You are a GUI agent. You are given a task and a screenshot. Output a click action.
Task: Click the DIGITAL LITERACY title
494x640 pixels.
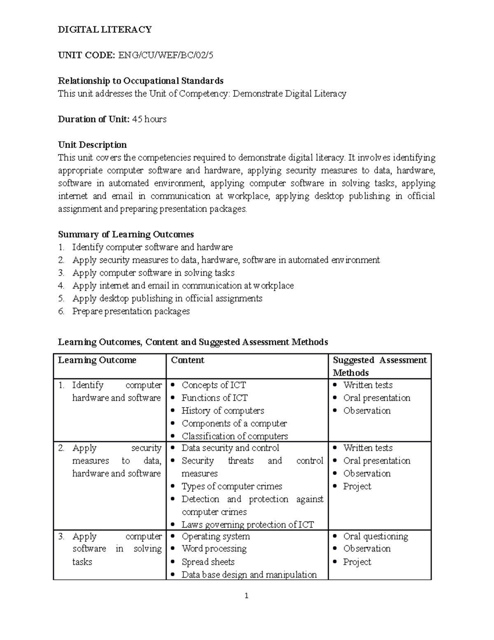click(x=105, y=29)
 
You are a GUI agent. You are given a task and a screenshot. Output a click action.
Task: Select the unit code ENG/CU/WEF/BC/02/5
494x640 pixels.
click(x=165, y=55)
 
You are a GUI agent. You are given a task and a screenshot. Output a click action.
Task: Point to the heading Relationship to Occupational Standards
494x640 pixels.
click(x=140, y=81)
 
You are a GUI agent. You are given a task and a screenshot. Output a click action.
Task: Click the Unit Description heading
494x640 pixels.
click(x=92, y=145)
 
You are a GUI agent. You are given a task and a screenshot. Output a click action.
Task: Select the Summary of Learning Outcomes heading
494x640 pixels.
click(x=126, y=234)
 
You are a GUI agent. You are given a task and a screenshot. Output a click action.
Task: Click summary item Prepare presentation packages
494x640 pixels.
click(x=131, y=311)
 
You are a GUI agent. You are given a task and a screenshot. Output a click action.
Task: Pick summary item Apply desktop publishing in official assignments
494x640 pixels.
click(x=167, y=298)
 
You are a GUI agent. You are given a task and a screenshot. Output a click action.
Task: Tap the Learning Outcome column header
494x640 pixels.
click(x=97, y=360)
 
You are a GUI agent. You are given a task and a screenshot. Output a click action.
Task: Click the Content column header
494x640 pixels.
click(x=188, y=360)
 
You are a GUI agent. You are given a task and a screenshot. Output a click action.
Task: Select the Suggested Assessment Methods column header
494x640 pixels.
click(x=380, y=366)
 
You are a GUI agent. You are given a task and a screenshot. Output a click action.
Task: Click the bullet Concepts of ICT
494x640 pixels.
click(x=214, y=385)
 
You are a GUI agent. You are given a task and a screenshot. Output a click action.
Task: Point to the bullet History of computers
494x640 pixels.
click(x=223, y=411)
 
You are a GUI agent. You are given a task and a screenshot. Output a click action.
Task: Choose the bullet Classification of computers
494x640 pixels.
click(x=235, y=436)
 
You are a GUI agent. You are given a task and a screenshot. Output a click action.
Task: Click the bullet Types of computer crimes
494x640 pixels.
click(x=232, y=486)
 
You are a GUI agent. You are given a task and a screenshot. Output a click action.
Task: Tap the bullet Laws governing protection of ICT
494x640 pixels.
click(x=247, y=525)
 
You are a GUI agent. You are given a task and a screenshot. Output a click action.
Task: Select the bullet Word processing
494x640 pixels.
click(x=214, y=549)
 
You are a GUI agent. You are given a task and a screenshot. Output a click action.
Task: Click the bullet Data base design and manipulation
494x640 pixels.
click(x=249, y=574)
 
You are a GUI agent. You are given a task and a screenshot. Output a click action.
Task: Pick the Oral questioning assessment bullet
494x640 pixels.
click(x=375, y=537)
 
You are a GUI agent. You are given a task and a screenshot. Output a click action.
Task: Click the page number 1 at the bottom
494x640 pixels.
click(x=246, y=595)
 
